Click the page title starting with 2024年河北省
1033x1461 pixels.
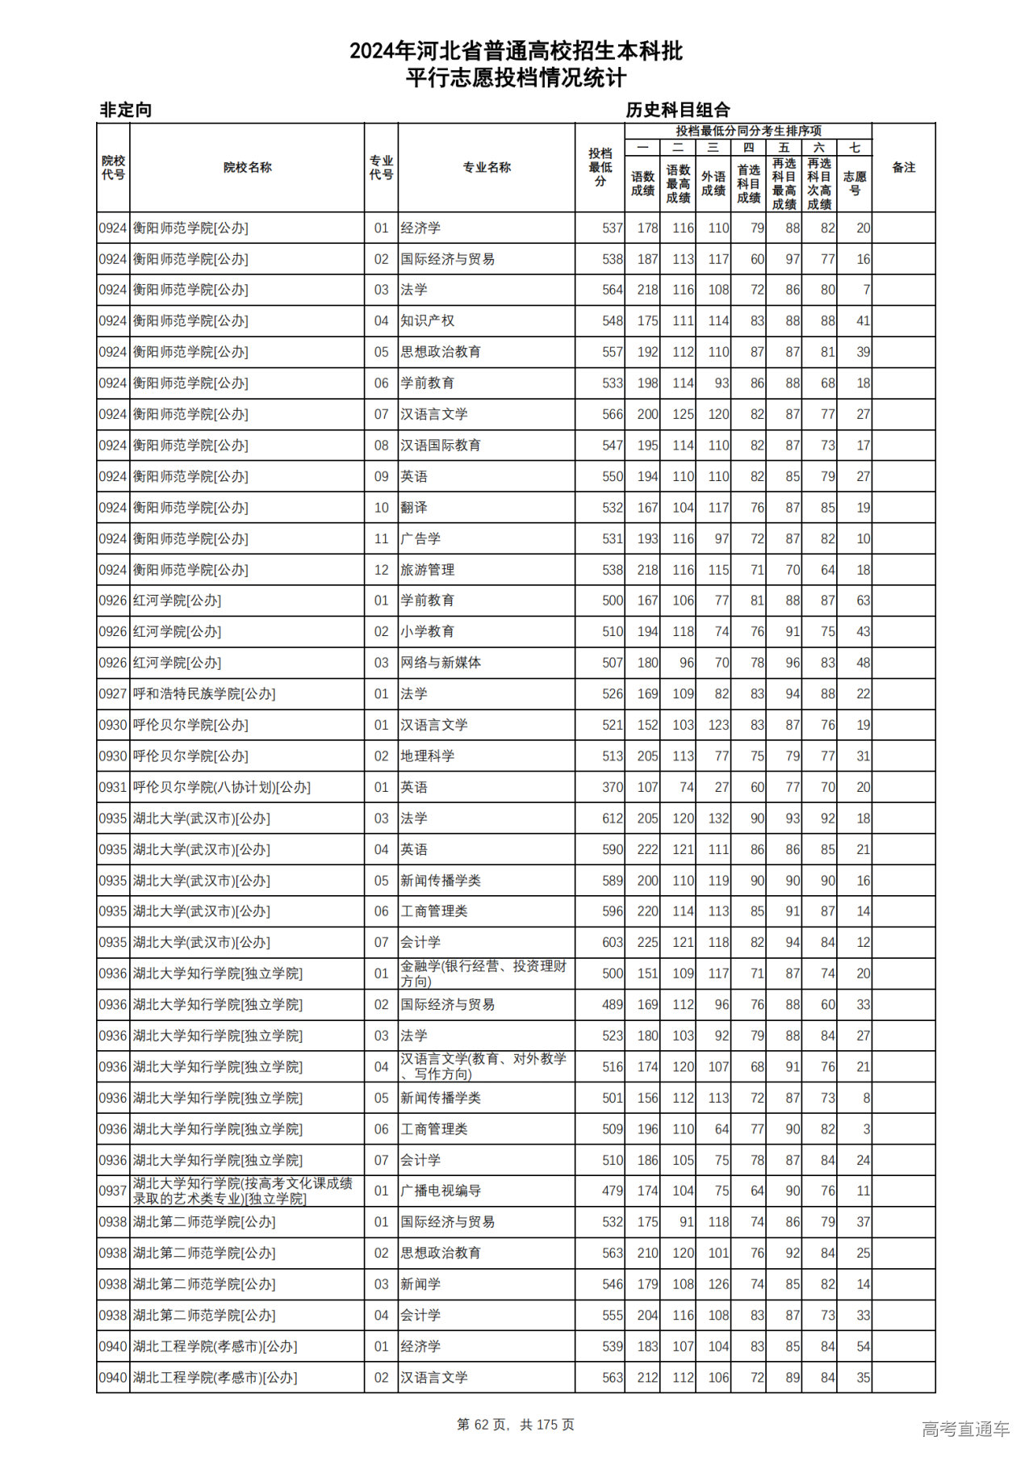point(516,52)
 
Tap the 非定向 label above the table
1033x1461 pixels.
point(126,110)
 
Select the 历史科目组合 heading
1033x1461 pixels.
point(678,110)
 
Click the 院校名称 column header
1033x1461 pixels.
point(247,168)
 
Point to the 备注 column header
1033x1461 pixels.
point(903,168)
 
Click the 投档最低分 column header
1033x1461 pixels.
point(600,168)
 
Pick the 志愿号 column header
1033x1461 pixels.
point(854,183)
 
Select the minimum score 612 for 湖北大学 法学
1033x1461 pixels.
point(612,818)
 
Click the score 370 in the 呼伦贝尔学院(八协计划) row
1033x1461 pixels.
point(612,788)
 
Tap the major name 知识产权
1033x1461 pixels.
point(428,321)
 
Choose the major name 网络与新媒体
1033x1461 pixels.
point(441,663)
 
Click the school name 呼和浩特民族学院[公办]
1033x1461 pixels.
point(204,694)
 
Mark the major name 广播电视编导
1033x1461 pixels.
point(441,1191)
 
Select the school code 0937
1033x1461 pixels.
point(113,1191)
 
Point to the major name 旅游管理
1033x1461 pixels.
point(428,570)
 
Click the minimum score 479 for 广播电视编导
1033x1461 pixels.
point(612,1191)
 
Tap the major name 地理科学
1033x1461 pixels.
point(428,756)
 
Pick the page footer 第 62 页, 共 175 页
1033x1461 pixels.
point(516,1425)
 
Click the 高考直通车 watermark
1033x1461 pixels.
point(965,1429)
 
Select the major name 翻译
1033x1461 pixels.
point(414,508)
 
